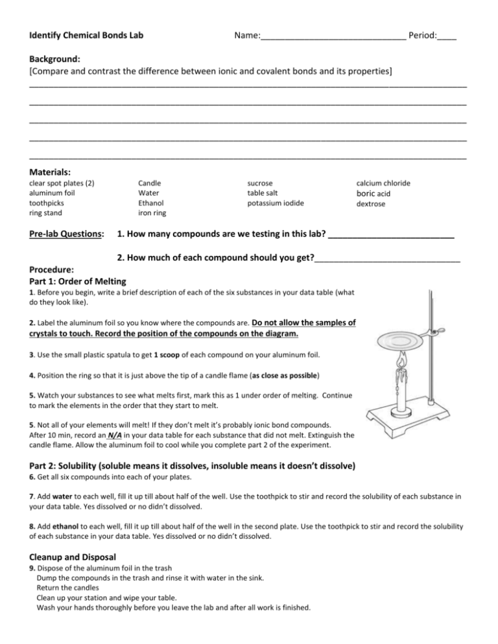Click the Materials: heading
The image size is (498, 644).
tap(50, 172)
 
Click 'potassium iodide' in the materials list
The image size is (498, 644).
tap(276, 203)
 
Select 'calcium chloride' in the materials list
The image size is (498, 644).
tap(383, 183)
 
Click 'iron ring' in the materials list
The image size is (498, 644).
tap(153, 213)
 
